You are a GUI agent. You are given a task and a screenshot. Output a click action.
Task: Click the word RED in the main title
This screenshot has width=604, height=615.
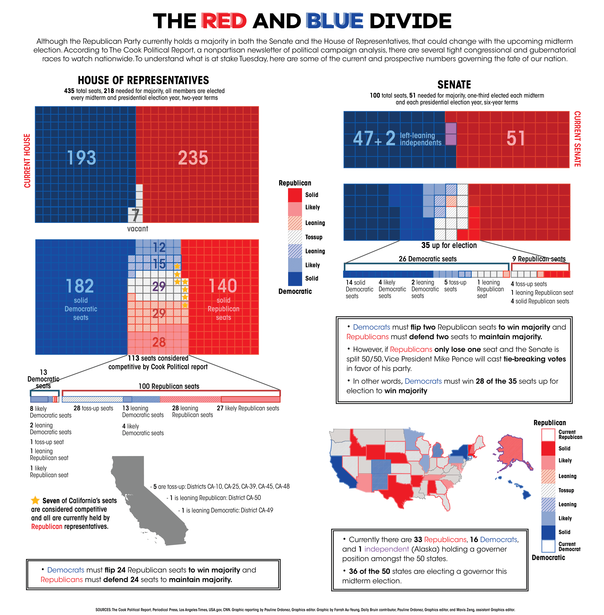click(224, 21)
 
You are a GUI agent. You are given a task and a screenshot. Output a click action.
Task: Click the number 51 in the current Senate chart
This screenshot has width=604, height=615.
click(515, 139)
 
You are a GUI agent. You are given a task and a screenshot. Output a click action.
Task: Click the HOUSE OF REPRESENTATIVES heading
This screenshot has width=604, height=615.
click(143, 80)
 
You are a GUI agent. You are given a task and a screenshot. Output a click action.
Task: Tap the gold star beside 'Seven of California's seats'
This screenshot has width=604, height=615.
click(35, 500)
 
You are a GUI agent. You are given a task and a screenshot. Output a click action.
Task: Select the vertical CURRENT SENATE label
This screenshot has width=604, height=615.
click(577, 139)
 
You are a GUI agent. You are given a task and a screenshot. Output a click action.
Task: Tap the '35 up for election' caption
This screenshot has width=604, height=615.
click(449, 245)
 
